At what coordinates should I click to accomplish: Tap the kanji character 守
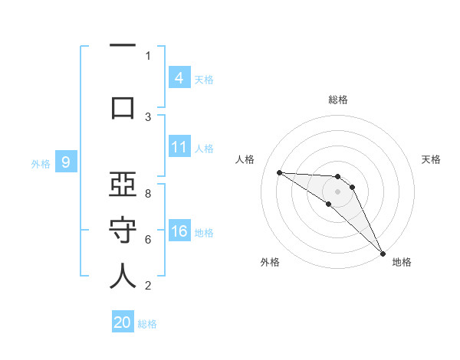(x=123, y=231)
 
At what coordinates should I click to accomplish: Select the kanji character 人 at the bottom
(x=123, y=277)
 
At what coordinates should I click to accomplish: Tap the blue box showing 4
(x=179, y=77)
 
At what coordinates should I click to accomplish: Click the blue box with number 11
(x=179, y=147)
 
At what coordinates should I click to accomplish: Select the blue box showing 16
(x=179, y=231)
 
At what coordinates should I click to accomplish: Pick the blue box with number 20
(x=123, y=322)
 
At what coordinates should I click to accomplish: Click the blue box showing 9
(x=66, y=162)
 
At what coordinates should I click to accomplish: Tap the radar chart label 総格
(x=337, y=100)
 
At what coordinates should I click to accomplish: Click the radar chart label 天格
(x=432, y=159)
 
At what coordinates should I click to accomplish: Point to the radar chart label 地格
(x=402, y=263)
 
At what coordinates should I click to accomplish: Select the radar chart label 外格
(x=269, y=263)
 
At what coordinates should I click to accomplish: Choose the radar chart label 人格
(x=245, y=159)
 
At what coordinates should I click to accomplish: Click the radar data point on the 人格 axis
(x=279, y=172)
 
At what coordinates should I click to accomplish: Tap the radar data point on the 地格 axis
(x=383, y=253)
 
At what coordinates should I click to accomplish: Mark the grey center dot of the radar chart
(x=337, y=191)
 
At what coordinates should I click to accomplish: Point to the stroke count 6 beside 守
(x=148, y=240)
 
